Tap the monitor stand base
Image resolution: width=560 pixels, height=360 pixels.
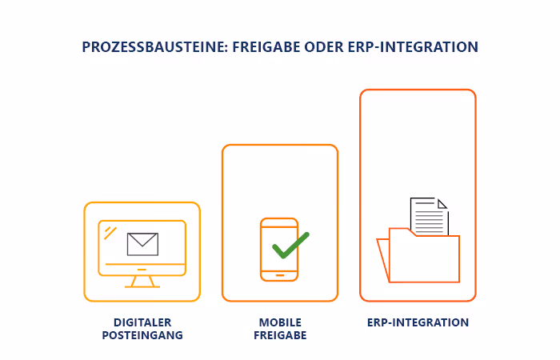click(x=142, y=286)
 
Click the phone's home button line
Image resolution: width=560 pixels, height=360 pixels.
click(x=279, y=274)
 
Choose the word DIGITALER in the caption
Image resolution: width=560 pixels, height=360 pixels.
click(x=142, y=323)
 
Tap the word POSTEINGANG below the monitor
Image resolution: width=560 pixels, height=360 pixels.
click(x=142, y=336)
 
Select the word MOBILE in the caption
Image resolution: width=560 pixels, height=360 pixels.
click(x=280, y=323)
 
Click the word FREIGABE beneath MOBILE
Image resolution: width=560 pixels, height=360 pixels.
click(x=280, y=336)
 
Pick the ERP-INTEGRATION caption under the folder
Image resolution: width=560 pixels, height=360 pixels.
click(x=418, y=323)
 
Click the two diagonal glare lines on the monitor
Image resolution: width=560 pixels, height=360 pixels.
click(x=110, y=233)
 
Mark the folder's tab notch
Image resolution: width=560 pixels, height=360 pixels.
click(x=412, y=233)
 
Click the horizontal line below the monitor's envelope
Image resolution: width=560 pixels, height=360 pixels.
click(x=142, y=263)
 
